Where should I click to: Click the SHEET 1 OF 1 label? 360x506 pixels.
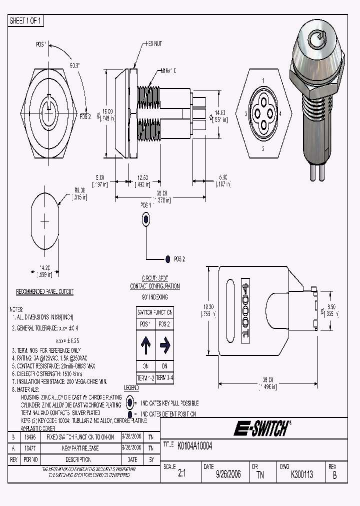pos(26,20)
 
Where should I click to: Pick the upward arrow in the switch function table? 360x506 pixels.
pos(145,344)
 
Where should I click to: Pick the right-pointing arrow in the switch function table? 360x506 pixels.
pos(165,344)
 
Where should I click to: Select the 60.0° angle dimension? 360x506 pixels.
pos(75,65)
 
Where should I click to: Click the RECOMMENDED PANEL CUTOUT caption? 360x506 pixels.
pos(45,291)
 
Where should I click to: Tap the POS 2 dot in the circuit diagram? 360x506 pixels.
pos(167,259)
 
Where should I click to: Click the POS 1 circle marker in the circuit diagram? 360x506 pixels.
pos(146,218)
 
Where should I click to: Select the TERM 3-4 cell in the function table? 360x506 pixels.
pos(165,377)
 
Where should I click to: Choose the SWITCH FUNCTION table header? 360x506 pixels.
pos(155,312)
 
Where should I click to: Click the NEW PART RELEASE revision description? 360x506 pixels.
pos(76,449)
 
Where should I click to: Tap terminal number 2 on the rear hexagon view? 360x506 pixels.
pos(263,149)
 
